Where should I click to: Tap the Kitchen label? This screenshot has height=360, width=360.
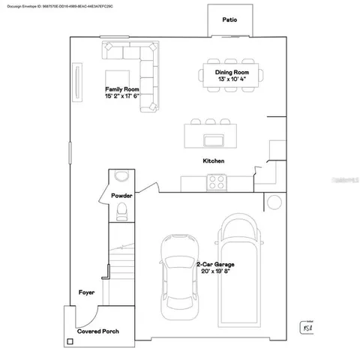click(x=214, y=160)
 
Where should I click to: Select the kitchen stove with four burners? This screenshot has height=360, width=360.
click(x=218, y=181)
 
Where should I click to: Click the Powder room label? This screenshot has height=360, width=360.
click(x=121, y=195)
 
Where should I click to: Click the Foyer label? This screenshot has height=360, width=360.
click(x=87, y=292)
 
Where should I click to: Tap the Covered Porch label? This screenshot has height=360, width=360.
click(x=97, y=331)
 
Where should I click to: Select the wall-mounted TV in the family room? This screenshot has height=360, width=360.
click(x=75, y=78)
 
